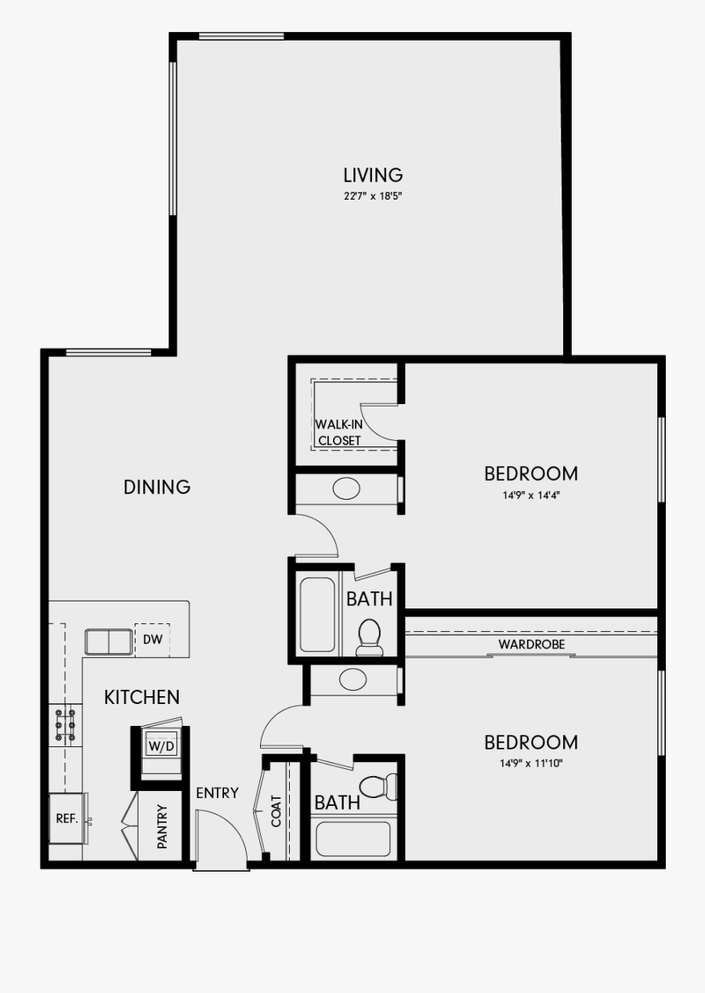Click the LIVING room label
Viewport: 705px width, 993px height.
373,175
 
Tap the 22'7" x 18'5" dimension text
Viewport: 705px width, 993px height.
373,197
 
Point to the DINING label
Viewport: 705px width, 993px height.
157,487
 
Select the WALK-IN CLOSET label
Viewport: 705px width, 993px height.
338,432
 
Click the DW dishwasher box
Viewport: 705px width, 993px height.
152,640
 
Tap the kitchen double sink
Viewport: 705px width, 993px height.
107,641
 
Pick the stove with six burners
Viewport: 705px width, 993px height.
65,724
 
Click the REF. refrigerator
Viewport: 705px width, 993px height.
67,818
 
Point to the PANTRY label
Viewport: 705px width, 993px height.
162,827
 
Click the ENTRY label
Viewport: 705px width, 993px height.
217,793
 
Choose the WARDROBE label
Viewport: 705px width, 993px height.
531,645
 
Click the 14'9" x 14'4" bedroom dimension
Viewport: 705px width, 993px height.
530,495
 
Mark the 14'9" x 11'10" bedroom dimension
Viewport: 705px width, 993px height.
530,763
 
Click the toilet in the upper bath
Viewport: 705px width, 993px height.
368,637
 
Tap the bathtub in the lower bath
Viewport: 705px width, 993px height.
352,838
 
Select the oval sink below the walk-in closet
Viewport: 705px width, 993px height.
346,489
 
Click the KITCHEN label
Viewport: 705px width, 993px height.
142,697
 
